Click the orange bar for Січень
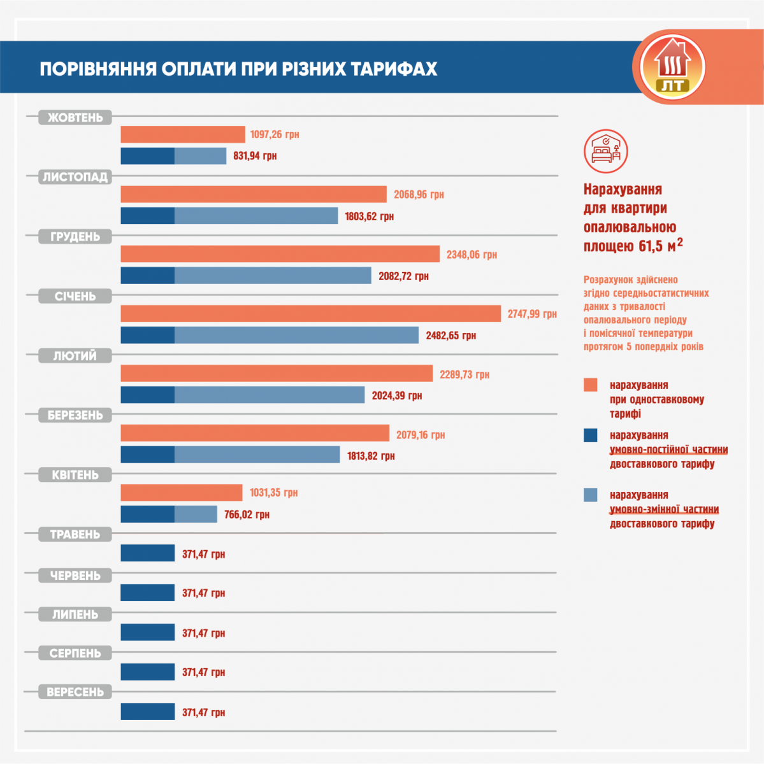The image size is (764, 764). point(310,314)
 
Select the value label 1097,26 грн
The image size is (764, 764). point(275,135)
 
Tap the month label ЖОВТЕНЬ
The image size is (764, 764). point(75,118)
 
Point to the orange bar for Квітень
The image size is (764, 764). point(182,493)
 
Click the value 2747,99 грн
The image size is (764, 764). point(532,314)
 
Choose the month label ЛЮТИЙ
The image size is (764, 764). point(75,356)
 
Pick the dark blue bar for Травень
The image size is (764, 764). point(148,553)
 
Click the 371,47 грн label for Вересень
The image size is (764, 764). point(203,712)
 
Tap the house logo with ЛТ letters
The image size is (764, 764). point(672,67)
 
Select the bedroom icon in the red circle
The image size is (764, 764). point(606,152)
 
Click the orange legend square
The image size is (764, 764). point(591,385)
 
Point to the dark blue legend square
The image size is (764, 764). point(591,435)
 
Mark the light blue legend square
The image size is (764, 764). point(591,495)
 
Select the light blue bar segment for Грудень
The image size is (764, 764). point(273,276)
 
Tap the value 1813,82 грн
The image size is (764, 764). point(371,456)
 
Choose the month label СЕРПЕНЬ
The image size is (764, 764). point(75,653)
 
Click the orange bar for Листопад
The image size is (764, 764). point(254,194)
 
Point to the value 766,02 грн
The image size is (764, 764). point(247,514)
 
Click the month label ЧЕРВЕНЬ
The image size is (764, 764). point(75,576)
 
